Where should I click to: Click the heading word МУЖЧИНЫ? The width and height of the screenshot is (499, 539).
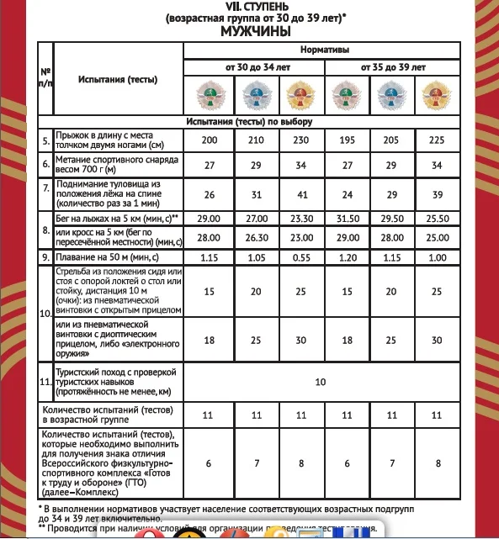256,31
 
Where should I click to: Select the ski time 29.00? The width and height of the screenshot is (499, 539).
207,219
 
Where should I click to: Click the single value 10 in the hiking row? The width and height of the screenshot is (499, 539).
320,382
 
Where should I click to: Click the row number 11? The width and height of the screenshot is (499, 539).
45,382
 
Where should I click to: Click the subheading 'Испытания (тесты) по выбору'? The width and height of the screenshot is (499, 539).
254,122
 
